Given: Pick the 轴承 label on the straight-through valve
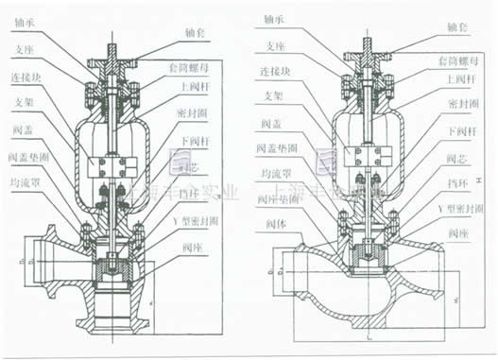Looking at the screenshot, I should click(274, 17).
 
